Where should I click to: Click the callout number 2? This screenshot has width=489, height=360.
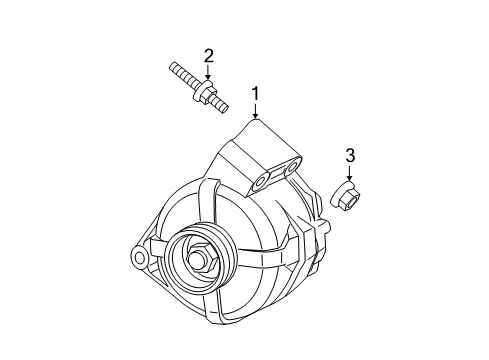(209, 55)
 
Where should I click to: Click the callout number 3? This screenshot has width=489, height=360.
(350, 155)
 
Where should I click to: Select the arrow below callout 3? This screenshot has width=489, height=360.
(350, 173)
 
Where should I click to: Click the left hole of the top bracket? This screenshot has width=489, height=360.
(262, 181)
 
